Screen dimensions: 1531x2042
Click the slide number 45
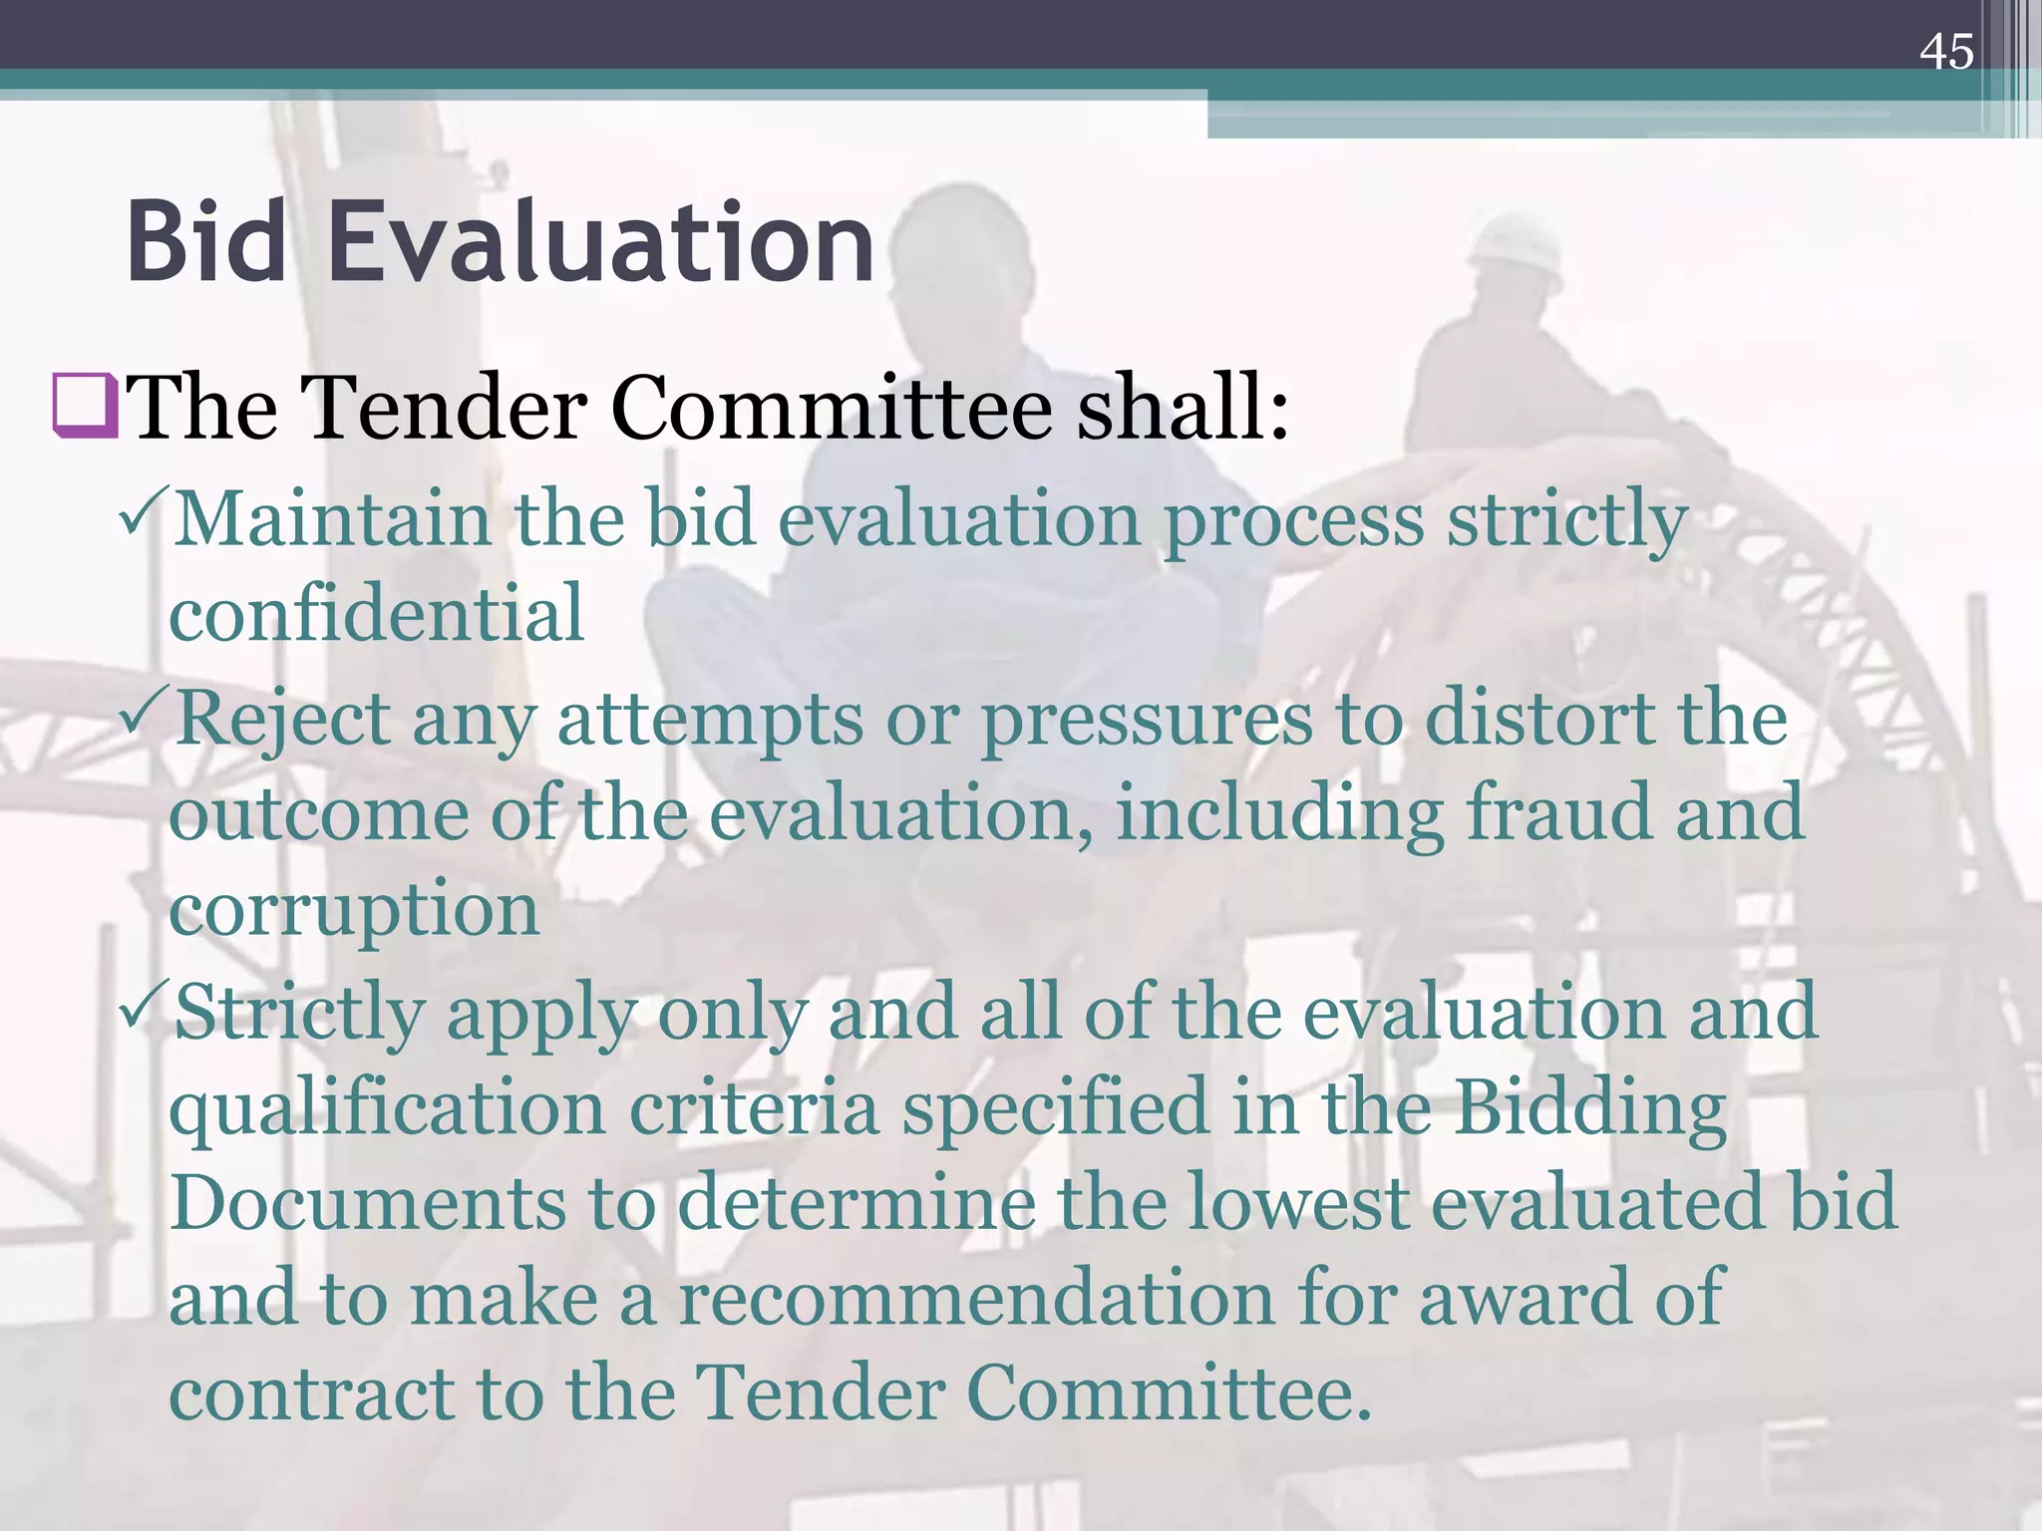click(x=1945, y=52)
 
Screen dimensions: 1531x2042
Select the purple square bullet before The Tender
click(x=86, y=407)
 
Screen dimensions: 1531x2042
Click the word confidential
click(x=376, y=613)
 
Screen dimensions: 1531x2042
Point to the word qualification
click(x=387, y=1109)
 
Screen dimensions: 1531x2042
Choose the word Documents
click(x=368, y=1202)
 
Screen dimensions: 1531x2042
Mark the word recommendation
click(x=977, y=1298)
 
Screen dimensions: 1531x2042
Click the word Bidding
click(x=1589, y=1109)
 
